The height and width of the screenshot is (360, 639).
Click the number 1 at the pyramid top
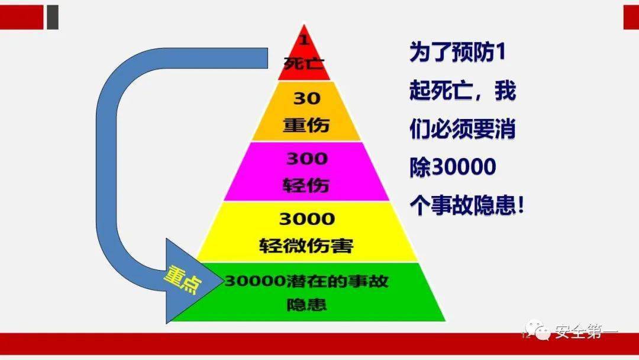[x=304, y=40]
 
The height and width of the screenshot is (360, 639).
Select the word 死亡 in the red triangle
[x=304, y=63]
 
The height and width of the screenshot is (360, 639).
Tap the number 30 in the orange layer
[x=306, y=98]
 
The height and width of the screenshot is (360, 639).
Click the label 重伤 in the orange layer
[x=306, y=125]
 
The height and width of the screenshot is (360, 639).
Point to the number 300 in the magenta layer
[x=306, y=159]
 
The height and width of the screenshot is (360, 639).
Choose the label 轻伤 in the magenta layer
[x=306, y=185]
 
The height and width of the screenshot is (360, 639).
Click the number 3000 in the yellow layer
[x=306, y=219]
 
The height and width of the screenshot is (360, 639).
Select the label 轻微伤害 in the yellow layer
[x=306, y=246]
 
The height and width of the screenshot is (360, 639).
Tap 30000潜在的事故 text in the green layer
[x=306, y=281]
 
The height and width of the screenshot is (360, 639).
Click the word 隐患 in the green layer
[x=306, y=304]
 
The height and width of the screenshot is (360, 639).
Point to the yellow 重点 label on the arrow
[x=183, y=279]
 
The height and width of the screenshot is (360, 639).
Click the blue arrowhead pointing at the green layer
[x=188, y=281]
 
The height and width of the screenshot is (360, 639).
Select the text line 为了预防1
[x=457, y=52]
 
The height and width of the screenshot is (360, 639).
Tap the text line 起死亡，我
[x=463, y=91]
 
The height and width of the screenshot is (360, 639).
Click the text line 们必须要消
[x=463, y=129]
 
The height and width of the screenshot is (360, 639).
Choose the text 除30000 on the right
[x=453, y=167]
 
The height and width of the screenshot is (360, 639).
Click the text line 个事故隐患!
[x=467, y=205]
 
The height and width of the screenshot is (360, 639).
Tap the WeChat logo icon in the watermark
[x=537, y=330]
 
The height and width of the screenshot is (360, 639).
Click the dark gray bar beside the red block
[x=53, y=17]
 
